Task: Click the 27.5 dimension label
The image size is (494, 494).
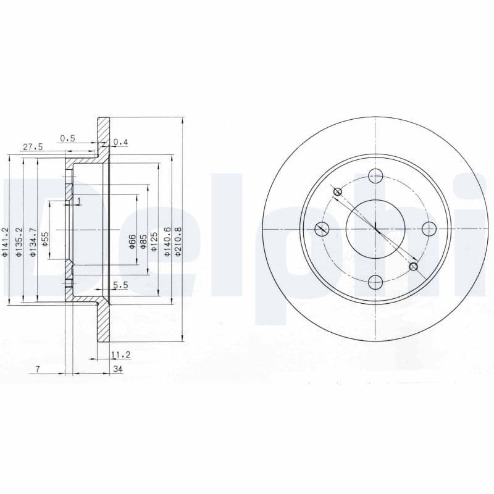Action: coord(33,147)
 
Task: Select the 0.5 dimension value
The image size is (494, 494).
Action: coord(67,138)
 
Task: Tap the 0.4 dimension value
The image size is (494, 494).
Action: coord(120,143)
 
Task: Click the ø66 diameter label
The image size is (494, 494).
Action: coord(133,241)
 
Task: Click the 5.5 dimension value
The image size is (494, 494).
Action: coord(120,285)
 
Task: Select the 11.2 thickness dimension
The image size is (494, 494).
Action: coord(120,354)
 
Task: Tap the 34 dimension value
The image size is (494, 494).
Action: coord(117,369)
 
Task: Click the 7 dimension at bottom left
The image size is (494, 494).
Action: coord(38,369)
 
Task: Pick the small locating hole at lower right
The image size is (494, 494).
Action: coord(414,267)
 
